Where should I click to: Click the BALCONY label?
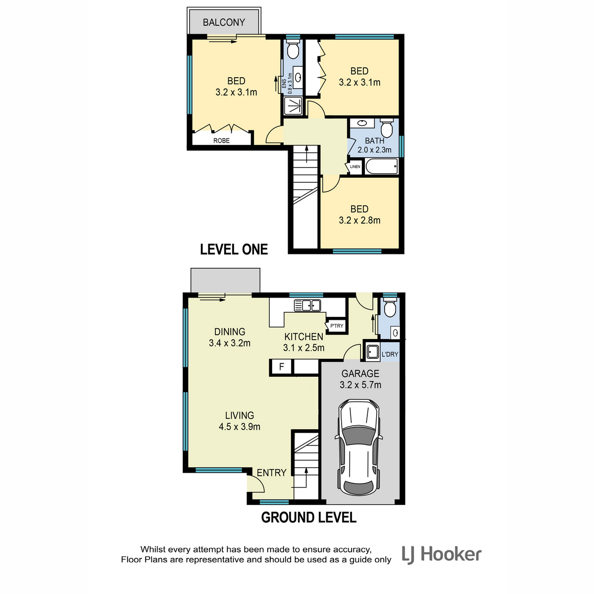pyautogui.click(x=224, y=22)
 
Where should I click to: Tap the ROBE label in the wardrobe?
pyautogui.click(x=221, y=141)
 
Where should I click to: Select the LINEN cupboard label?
pyautogui.click(x=355, y=166)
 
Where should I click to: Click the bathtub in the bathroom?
pyautogui.click(x=382, y=166)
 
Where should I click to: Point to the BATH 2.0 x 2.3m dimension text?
pyautogui.click(x=374, y=150)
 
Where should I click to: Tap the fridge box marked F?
pyautogui.click(x=282, y=367)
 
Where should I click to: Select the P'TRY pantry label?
pyautogui.click(x=337, y=326)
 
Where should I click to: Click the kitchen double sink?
pyautogui.click(x=307, y=305)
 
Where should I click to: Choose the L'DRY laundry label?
pyautogui.click(x=390, y=354)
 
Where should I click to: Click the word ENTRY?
pyautogui.click(x=272, y=473)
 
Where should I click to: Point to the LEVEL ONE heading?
pyautogui.click(x=234, y=249)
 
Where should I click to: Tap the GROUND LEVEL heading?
pyautogui.click(x=308, y=517)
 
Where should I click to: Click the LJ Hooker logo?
pyautogui.click(x=442, y=554)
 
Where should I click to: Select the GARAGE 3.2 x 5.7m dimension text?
pyautogui.click(x=360, y=385)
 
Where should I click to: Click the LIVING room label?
pyautogui.click(x=240, y=415)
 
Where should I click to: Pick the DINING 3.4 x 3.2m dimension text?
pyautogui.click(x=230, y=343)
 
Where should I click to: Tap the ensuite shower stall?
pyautogui.click(x=293, y=106)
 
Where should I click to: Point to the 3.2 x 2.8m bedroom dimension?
pyautogui.click(x=359, y=220)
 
